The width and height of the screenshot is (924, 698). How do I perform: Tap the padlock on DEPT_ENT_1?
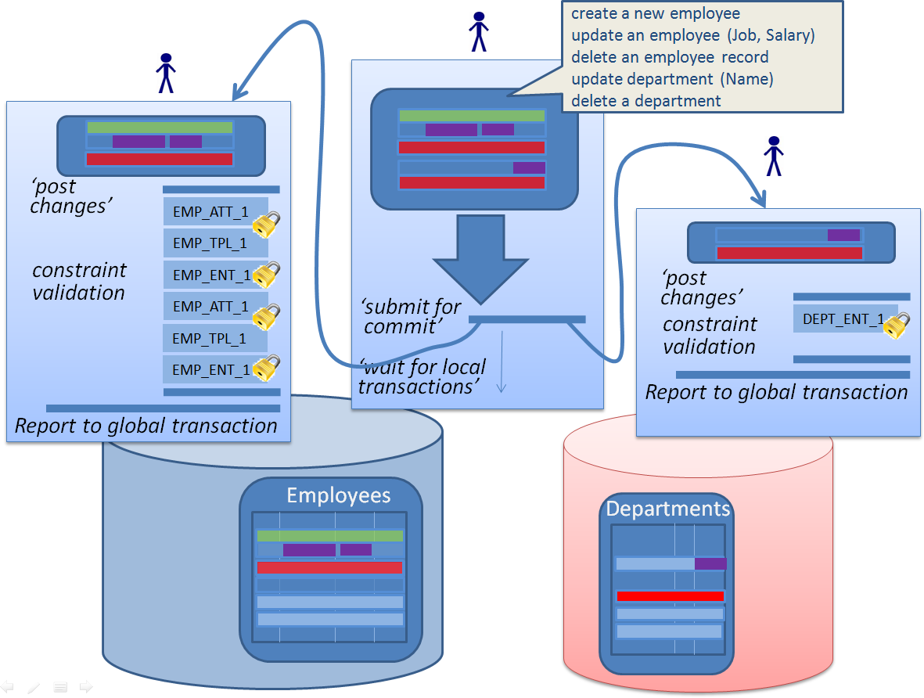[x=897, y=325]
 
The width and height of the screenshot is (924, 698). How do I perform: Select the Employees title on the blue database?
[x=338, y=495]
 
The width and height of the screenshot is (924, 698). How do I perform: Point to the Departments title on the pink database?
[x=667, y=509]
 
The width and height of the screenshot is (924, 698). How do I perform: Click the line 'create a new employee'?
[x=655, y=14]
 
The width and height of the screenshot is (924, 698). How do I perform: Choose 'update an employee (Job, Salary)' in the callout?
[x=694, y=35]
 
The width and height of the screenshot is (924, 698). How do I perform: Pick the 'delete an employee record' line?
[x=669, y=57]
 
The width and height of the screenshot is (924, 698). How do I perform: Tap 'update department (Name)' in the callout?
[x=672, y=79]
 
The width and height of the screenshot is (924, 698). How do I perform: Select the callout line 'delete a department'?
[x=645, y=101]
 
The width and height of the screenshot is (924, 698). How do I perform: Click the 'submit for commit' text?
[x=410, y=316]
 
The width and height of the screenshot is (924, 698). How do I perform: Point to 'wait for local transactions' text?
[x=422, y=376]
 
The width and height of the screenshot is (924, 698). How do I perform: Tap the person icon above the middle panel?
[x=478, y=32]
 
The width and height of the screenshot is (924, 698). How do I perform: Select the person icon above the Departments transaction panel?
[x=774, y=157]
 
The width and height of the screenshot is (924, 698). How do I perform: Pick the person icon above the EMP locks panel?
[x=165, y=74]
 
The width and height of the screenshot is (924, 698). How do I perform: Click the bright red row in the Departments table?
[x=670, y=596]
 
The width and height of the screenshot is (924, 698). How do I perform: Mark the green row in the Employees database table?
[x=329, y=536]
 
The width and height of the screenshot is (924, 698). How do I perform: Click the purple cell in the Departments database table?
[x=710, y=563]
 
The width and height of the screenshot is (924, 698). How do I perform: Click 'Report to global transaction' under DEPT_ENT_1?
[x=776, y=393]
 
